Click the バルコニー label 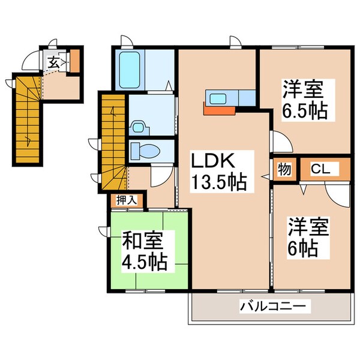(x=276, y=307)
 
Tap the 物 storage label (x=284, y=169)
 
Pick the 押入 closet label (x=125, y=200)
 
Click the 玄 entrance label (x=54, y=61)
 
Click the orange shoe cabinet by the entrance (x=75, y=61)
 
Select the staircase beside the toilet (x=113, y=141)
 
